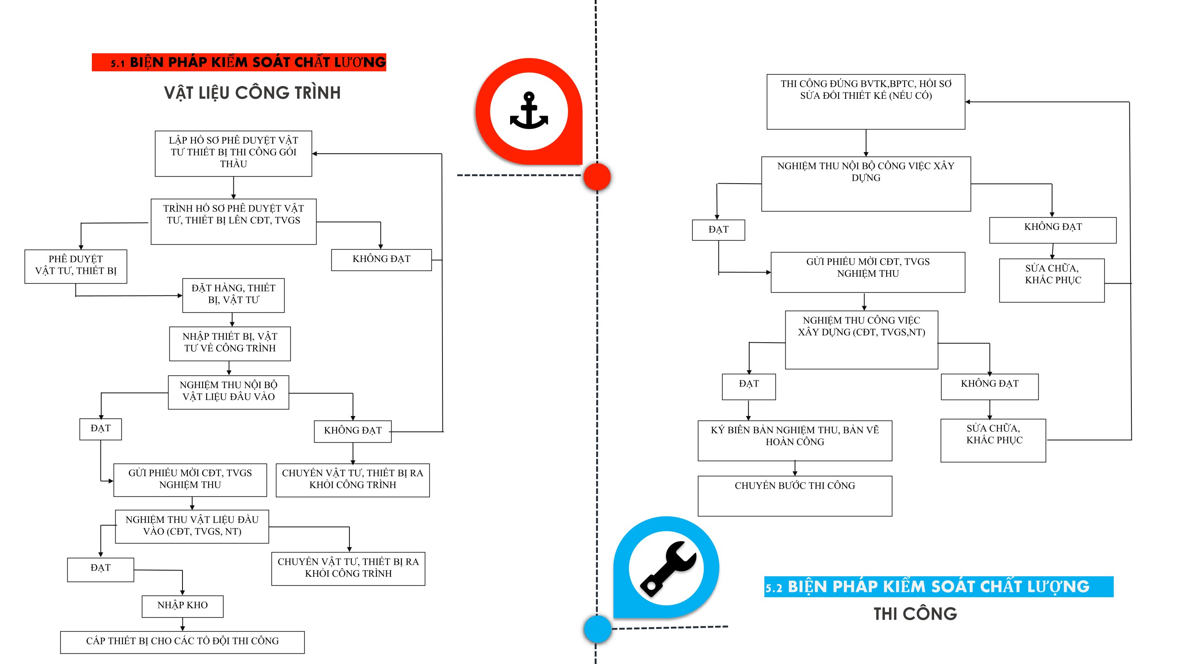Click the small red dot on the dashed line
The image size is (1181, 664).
coord(597,176)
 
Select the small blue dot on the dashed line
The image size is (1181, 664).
coord(597,629)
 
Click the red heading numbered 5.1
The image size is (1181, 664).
coord(239,62)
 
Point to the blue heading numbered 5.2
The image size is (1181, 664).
coord(939,587)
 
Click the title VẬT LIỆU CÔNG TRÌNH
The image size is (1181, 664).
coord(253,93)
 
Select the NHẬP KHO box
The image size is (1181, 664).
coord(182,606)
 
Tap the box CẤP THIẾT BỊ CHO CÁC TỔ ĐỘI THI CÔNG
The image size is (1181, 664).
coord(182,642)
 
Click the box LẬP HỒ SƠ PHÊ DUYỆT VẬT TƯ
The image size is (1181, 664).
coord(233,154)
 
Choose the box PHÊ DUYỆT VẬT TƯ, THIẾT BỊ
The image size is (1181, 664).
coord(75,266)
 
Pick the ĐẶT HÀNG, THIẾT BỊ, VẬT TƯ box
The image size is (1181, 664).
coord(233,296)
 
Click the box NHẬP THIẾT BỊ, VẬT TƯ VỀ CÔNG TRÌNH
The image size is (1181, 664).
coord(230,344)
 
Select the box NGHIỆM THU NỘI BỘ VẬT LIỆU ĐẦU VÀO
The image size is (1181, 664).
coord(228,392)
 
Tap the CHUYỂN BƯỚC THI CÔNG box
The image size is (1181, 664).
coord(795,496)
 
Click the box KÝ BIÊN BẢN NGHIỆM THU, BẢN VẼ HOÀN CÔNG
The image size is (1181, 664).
coord(795,440)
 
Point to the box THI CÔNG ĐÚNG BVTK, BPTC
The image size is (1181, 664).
coord(866,102)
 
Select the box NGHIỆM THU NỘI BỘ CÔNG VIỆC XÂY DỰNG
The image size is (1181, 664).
coord(866,184)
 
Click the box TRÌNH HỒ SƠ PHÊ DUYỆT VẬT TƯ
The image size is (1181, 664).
coord(233,221)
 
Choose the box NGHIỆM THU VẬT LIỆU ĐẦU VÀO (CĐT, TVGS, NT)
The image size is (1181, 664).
coord(192,527)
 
